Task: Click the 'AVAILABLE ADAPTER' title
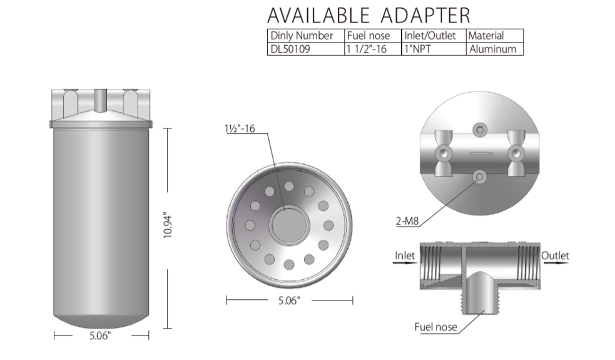[368, 16]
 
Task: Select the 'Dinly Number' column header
[302, 36]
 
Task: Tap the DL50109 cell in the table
[290, 49]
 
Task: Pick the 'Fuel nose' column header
[368, 36]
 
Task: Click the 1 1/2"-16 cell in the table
[367, 49]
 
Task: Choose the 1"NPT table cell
[417, 49]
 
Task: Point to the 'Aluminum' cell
[492, 49]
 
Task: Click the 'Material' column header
[485, 36]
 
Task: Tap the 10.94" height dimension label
[168, 226]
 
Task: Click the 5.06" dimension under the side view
[100, 336]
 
